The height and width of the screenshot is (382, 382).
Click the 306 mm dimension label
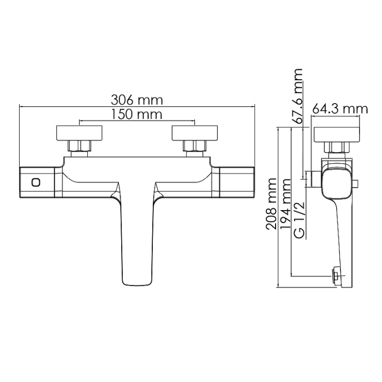click(137, 100)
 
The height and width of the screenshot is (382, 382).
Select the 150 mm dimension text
click(137, 115)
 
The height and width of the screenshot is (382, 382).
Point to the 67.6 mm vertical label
click(298, 97)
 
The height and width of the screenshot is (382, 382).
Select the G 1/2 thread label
click(298, 218)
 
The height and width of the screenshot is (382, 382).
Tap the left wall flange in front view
click(80, 133)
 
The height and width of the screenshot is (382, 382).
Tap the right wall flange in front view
click(195, 133)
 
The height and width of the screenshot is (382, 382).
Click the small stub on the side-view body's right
click(356, 183)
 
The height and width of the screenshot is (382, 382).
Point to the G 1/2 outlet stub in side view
click(313, 179)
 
